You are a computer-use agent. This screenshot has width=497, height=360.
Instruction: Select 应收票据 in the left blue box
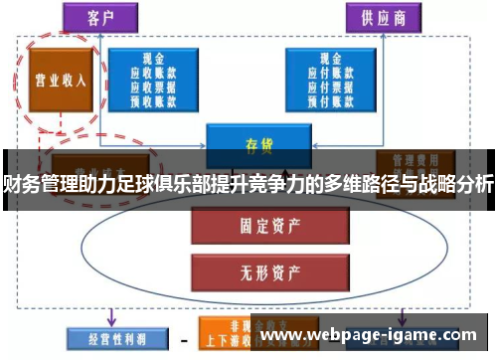click(154, 86)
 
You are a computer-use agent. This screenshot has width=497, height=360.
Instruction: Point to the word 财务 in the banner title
click(20, 184)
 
